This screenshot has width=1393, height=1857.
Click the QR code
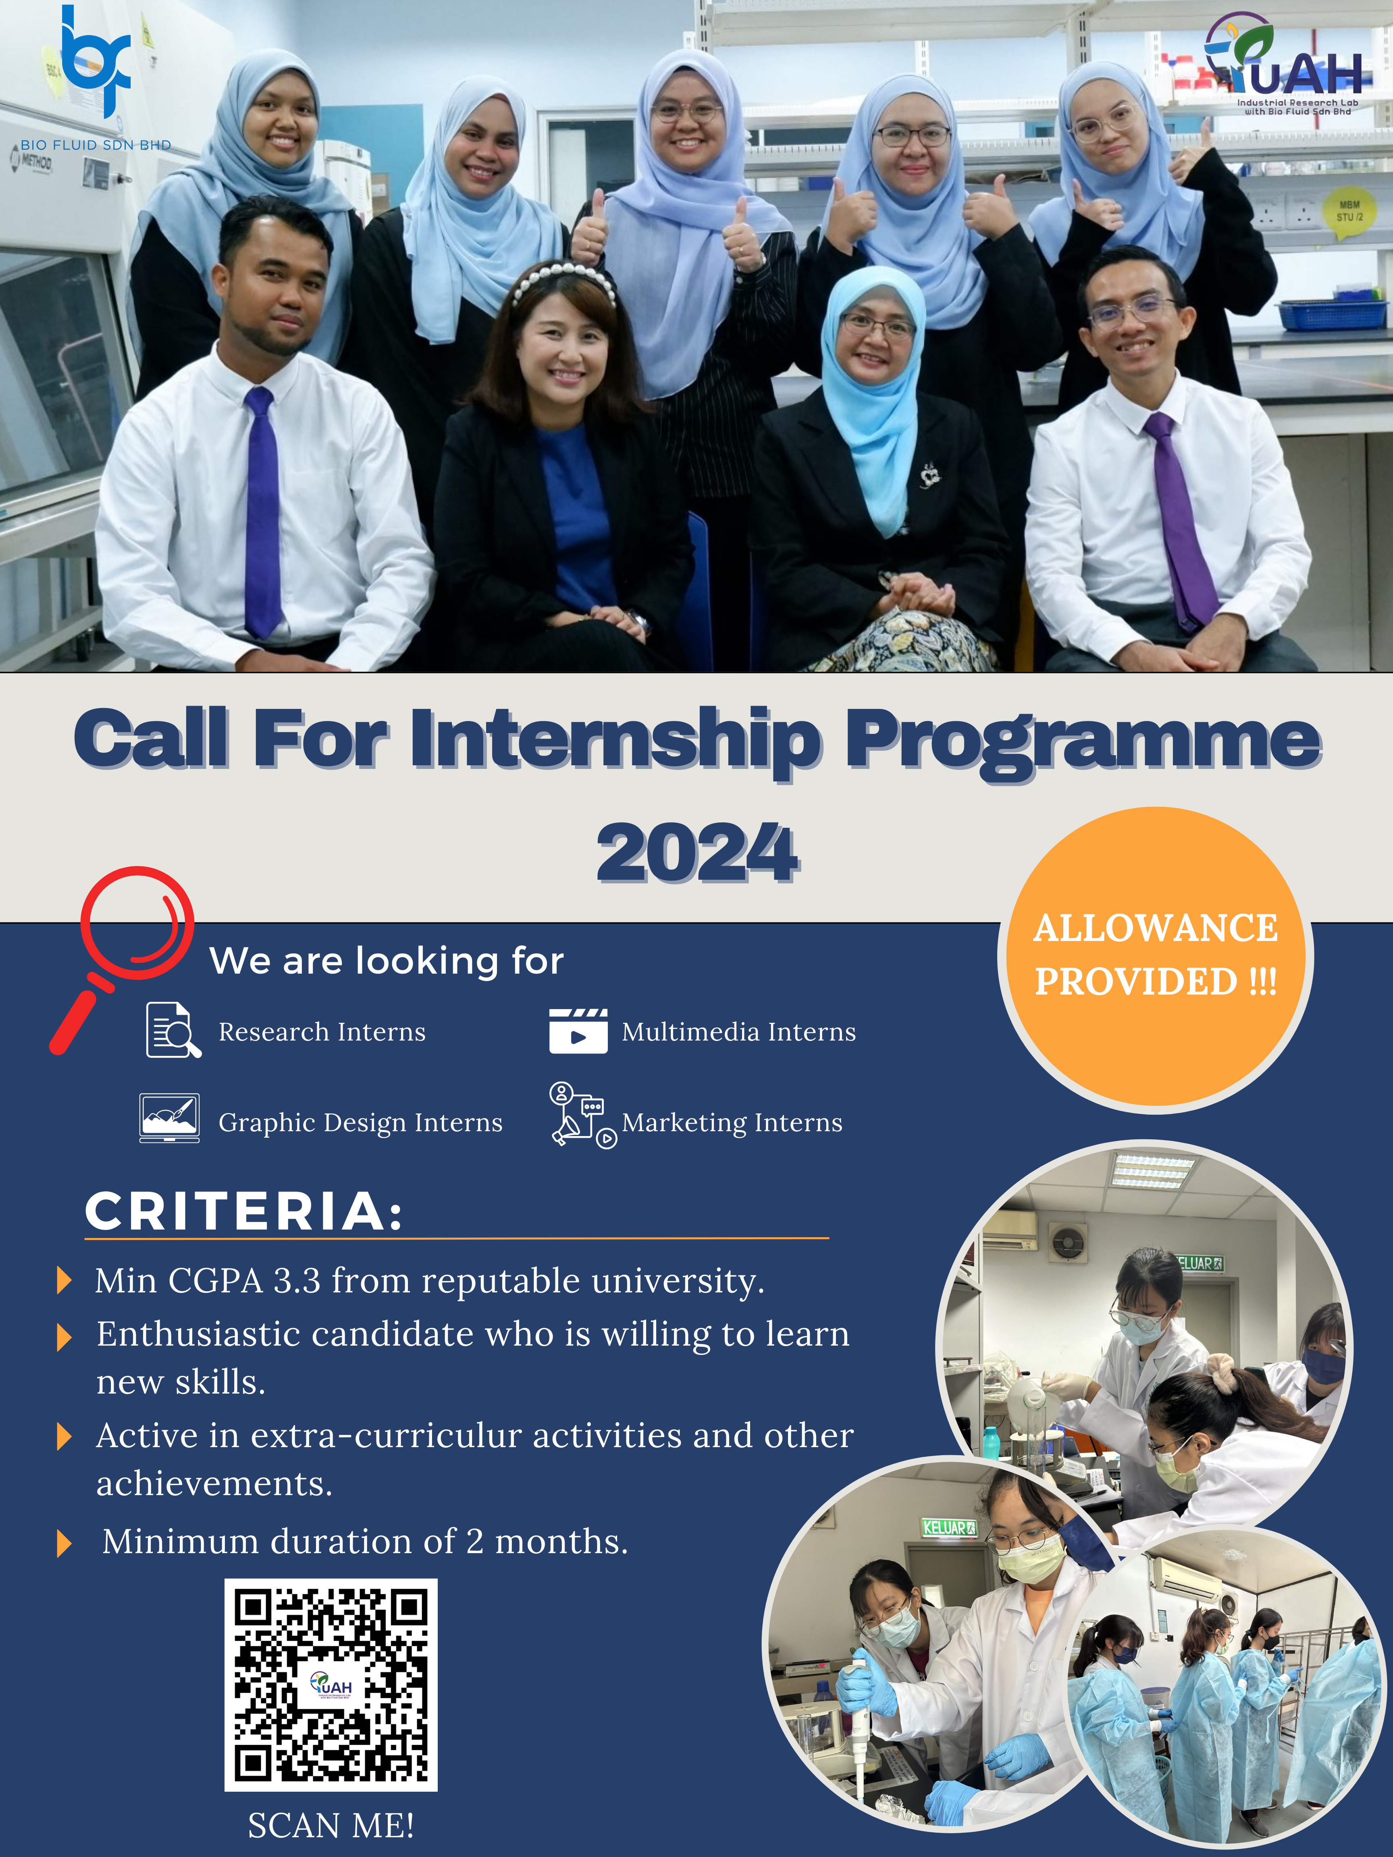(x=331, y=1685)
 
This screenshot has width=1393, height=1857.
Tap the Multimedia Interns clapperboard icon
(x=578, y=1031)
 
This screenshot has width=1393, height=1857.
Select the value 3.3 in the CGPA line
(x=297, y=1281)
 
